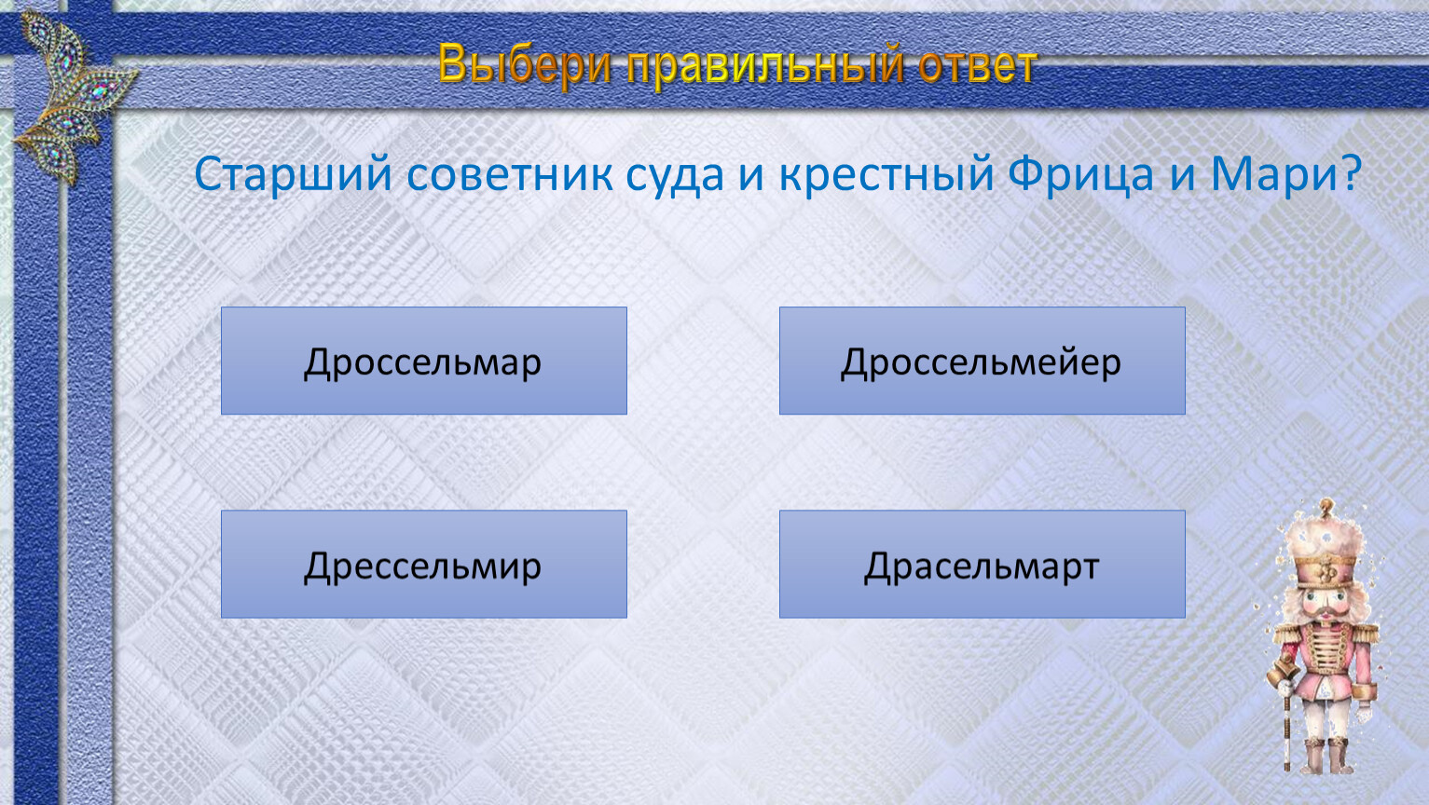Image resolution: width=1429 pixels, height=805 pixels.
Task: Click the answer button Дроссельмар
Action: click(423, 361)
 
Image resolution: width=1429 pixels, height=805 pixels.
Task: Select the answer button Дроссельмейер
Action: click(982, 361)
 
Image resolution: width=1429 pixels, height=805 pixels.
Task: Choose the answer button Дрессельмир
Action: click(423, 564)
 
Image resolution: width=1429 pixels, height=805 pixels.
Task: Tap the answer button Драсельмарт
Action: click(982, 564)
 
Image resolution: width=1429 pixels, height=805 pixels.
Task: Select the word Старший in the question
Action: click(293, 173)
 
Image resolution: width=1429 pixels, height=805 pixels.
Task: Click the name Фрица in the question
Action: click(1080, 174)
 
